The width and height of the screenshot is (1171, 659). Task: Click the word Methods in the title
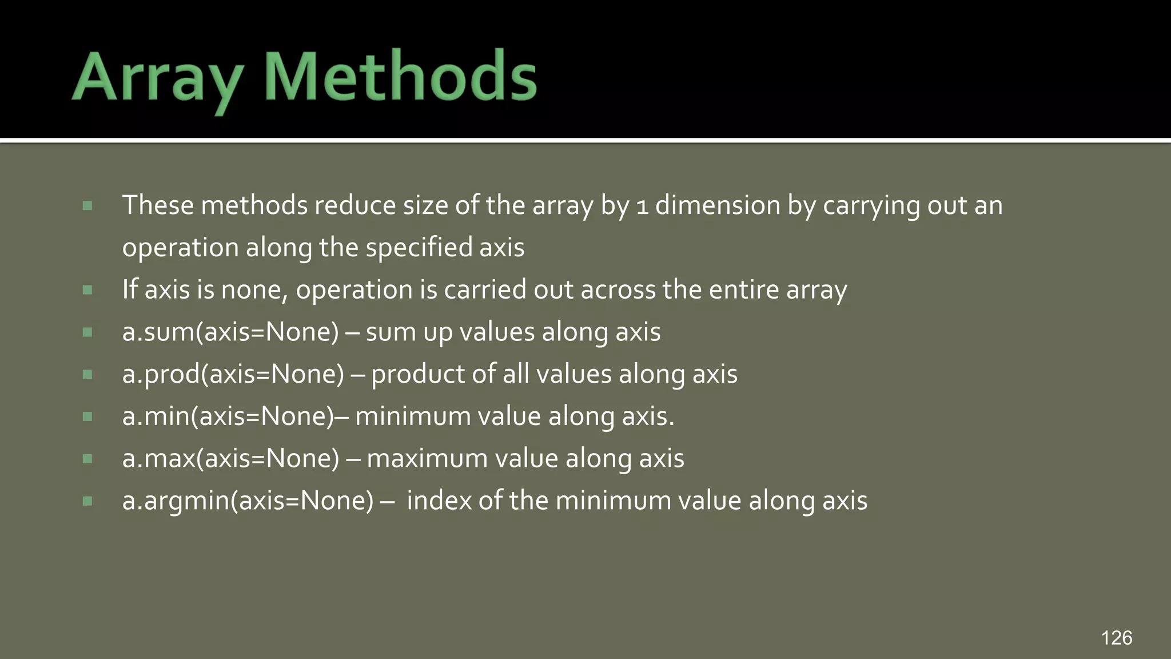pos(400,77)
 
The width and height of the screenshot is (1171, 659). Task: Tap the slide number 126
pos(1116,638)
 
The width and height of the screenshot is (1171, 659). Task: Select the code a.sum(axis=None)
pos(230,332)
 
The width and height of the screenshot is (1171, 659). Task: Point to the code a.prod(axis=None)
pos(233,374)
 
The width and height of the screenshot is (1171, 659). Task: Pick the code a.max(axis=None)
pos(230,458)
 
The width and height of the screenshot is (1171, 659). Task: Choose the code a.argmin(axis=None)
pos(248,501)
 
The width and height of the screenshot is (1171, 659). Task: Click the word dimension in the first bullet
pos(718,205)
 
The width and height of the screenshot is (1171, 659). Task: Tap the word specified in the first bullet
pos(419,247)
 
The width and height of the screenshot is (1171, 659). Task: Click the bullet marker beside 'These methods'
pos(87,205)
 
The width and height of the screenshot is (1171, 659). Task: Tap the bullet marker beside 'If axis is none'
pos(87,290)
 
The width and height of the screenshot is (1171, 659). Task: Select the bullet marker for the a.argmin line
pos(87,501)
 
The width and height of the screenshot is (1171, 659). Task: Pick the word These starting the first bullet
pos(158,205)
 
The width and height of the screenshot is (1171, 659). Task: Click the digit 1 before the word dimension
pos(642,206)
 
